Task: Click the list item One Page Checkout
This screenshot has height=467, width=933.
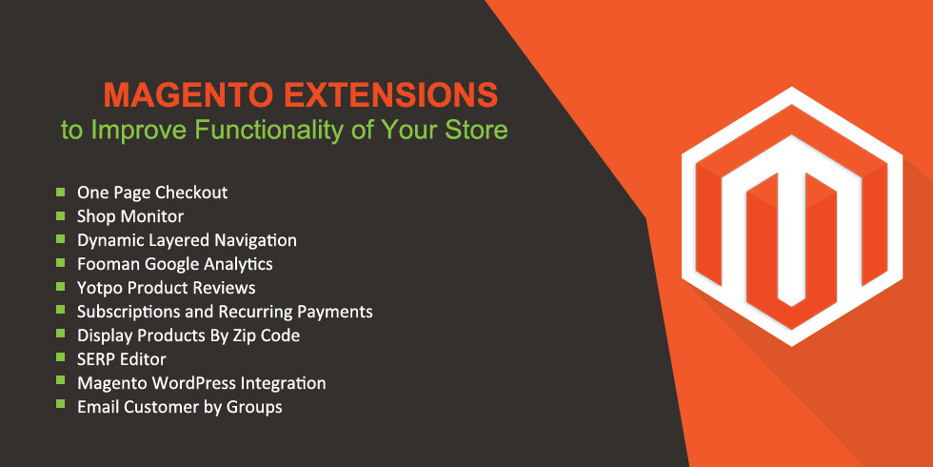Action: [152, 193]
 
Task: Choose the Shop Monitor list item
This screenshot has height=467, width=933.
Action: [130, 216]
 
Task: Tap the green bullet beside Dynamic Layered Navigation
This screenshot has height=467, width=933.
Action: [61, 239]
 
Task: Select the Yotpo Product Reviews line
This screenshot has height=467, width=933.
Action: [166, 288]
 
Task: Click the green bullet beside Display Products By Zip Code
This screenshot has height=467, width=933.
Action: [61, 333]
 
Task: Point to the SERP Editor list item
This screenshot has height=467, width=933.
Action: [122, 359]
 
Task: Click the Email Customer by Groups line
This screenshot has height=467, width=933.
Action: [180, 408]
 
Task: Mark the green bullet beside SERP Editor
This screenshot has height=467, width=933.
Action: [61, 356]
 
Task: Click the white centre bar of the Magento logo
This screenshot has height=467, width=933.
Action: [791, 238]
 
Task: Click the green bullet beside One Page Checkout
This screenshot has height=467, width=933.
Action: [61, 192]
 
